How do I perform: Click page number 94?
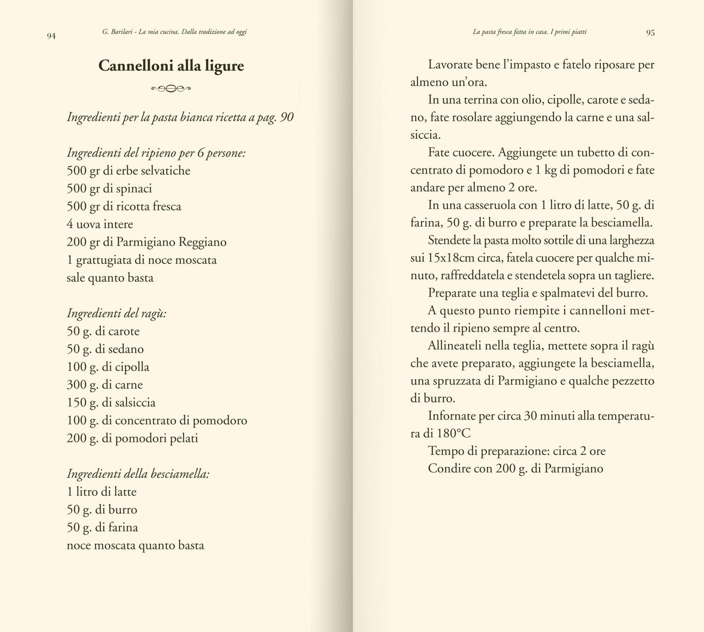click(51, 36)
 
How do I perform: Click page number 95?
click(650, 33)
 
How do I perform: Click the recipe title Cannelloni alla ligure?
click(171, 66)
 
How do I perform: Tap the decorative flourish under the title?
click(171, 88)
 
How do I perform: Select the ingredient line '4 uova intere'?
click(100, 224)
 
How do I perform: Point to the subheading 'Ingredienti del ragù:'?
click(117, 313)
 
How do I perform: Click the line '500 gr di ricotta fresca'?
click(124, 206)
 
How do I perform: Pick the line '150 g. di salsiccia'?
click(111, 402)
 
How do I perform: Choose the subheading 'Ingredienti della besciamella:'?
click(138, 474)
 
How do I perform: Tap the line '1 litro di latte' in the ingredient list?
click(102, 492)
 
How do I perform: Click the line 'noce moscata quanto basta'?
click(135, 545)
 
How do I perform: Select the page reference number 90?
click(286, 117)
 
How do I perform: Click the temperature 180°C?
click(454, 433)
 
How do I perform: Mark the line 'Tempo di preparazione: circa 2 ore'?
click(517, 451)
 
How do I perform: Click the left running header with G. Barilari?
click(175, 32)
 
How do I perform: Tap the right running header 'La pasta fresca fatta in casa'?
click(529, 32)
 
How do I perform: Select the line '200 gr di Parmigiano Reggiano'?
click(147, 242)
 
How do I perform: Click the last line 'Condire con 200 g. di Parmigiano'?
click(515, 468)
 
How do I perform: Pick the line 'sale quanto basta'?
click(110, 278)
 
